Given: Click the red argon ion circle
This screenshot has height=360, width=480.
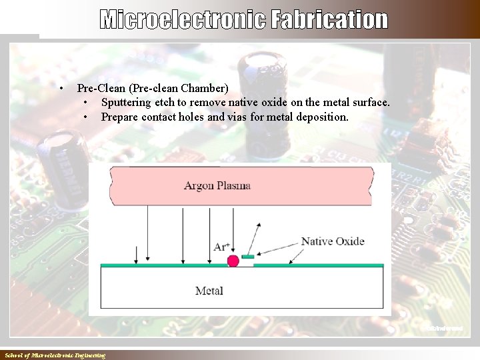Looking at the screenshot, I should (233, 261).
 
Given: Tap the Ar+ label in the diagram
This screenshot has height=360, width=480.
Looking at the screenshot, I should (222, 247).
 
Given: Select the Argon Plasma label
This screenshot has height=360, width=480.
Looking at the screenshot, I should (217, 185).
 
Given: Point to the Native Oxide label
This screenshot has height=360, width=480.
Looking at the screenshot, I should (333, 241).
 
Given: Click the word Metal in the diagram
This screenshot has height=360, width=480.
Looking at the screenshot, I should (209, 291).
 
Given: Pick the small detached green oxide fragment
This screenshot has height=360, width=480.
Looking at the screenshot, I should (248, 256).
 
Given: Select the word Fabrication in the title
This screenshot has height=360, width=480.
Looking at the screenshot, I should (329, 20).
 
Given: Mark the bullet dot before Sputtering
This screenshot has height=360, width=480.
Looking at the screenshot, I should (87, 103).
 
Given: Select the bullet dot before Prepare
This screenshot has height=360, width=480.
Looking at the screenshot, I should (87, 117).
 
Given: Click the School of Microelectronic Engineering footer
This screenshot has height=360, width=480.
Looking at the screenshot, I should (55, 355).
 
